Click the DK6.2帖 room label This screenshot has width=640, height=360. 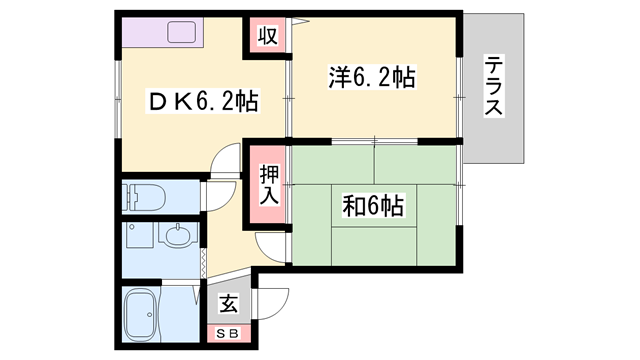[204, 101]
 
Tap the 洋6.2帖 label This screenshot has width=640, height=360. [372, 76]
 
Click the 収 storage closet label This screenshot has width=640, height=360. [267, 36]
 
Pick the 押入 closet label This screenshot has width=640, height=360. [268, 186]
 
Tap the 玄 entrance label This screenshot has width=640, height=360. [228, 304]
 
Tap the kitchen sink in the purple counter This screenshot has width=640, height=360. [186, 32]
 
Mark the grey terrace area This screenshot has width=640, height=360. [494, 130]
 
